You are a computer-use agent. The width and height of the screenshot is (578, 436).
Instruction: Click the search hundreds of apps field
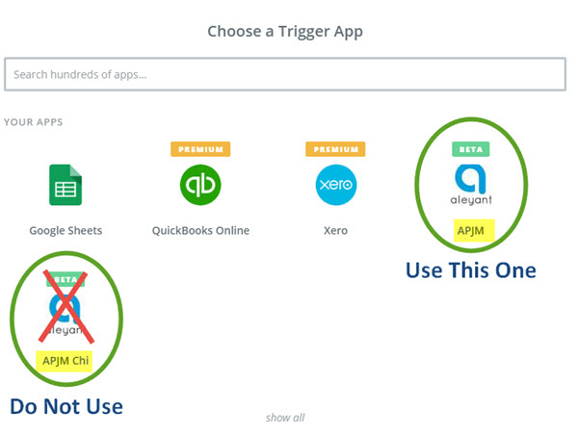pyautogui.click(x=285, y=74)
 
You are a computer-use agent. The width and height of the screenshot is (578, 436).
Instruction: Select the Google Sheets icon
pyautogui.click(x=66, y=185)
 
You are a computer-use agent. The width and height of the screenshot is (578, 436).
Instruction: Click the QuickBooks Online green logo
pyautogui.click(x=200, y=185)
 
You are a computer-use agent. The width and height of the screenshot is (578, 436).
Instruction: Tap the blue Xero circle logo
pyautogui.click(x=336, y=185)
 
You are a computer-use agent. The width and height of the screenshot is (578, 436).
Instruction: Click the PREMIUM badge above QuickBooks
pyautogui.click(x=200, y=149)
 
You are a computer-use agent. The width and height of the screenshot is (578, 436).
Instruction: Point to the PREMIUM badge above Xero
pyautogui.click(x=335, y=149)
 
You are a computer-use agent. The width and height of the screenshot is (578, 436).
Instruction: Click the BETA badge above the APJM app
pyautogui.click(x=471, y=149)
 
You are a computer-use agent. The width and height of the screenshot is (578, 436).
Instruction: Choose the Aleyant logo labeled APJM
pyautogui.click(x=471, y=184)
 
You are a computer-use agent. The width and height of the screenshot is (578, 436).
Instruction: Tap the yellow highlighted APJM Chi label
pyautogui.click(x=64, y=361)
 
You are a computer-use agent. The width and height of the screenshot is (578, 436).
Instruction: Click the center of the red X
pyautogui.click(x=66, y=307)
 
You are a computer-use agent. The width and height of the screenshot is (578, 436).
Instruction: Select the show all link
pyautogui.click(x=285, y=418)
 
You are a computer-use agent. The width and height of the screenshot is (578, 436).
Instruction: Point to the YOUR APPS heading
pyautogui.click(x=33, y=122)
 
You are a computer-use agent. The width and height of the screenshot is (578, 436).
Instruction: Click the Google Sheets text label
pyautogui.click(x=66, y=231)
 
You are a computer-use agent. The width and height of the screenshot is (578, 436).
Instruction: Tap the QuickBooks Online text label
pyautogui.click(x=200, y=231)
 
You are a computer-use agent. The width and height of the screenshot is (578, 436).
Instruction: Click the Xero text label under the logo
pyautogui.click(x=335, y=231)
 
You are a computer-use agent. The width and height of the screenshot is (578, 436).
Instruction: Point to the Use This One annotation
pyautogui.click(x=471, y=270)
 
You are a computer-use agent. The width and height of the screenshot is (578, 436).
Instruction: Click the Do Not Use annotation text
pyautogui.click(x=66, y=406)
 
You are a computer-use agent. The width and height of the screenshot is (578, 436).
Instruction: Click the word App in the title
pyautogui.click(x=349, y=32)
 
